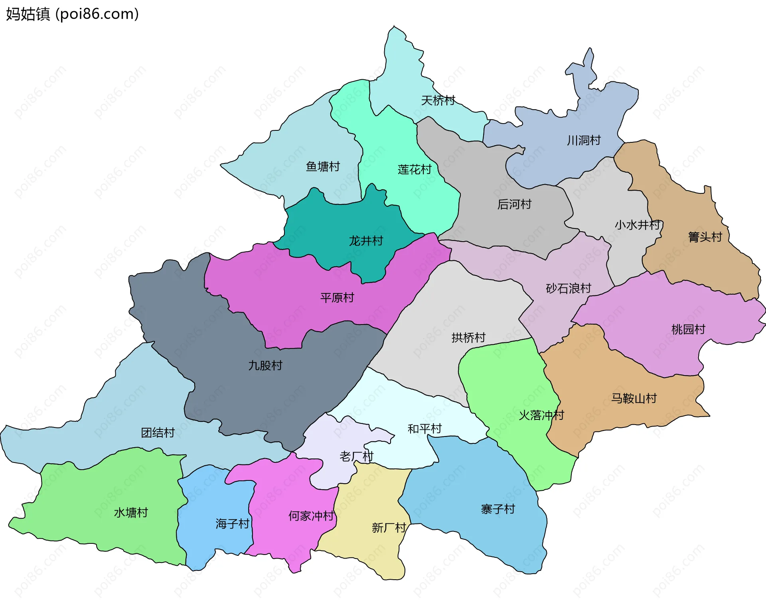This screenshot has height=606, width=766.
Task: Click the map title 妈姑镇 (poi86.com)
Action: click(x=72, y=14)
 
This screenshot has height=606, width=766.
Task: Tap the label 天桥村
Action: click(x=438, y=100)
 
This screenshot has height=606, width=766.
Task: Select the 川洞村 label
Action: click(x=584, y=140)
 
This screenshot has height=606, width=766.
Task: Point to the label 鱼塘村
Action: click(x=323, y=166)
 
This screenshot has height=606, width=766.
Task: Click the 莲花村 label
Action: click(x=415, y=169)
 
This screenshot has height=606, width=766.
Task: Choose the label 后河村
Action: click(x=514, y=205)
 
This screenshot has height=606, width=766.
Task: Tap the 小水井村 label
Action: click(x=638, y=225)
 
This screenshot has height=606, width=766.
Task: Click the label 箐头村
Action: click(x=705, y=237)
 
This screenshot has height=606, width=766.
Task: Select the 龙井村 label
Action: click(x=366, y=241)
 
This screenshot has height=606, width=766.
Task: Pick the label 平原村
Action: click(x=337, y=297)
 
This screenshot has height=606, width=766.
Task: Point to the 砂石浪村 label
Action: click(x=568, y=288)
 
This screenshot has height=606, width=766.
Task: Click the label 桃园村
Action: click(x=688, y=329)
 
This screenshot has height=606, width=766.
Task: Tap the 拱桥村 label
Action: click(x=468, y=338)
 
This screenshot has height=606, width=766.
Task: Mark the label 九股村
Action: click(x=265, y=365)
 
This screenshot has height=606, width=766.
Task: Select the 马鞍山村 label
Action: click(x=634, y=398)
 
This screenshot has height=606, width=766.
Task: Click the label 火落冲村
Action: click(x=541, y=415)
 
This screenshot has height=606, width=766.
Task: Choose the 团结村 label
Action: click(x=158, y=433)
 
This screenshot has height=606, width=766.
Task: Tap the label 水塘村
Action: click(x=131, y=512)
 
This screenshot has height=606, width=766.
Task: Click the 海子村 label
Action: click(x=233, y=523)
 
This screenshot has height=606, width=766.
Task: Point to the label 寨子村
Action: click(x=498, y=509)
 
